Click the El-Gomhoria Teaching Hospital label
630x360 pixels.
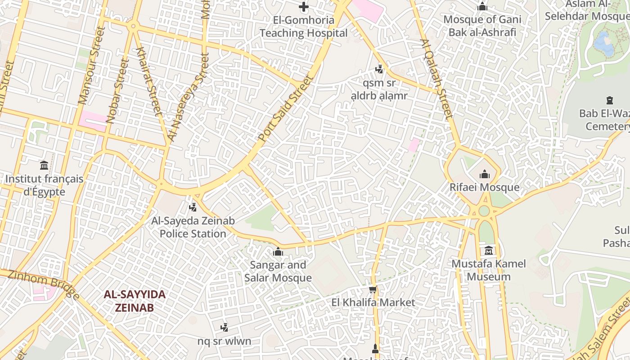click(x=304, y=27)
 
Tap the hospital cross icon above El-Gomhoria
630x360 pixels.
click(x=304, y=7)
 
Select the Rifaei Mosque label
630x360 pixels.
click(x=485, y=187)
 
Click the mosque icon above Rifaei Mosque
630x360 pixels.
click(x=485, y=174)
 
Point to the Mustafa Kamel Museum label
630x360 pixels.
click(x=489, y=270)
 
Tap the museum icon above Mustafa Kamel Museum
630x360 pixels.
click(x=489, y=250)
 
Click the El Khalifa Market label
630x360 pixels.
click(x=373, y=302)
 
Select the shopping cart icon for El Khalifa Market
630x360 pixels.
click(x=373, y=289)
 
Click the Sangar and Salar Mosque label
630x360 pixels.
click(x=278, y=271)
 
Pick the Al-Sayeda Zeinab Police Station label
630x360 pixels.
click(x=193, y=227)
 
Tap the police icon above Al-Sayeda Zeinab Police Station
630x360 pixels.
click(x=193, y=207)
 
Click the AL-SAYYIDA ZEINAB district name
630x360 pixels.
click(x=135, y=301)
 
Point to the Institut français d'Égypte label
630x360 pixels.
click(x=44, y=185)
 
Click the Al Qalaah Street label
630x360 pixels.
click(x=436, y=79)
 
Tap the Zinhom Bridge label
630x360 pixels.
click(x=44, y=285)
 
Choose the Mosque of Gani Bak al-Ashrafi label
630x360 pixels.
click(x=482, y=26)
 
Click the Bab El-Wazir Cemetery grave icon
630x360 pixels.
click(x=610, y=100)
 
